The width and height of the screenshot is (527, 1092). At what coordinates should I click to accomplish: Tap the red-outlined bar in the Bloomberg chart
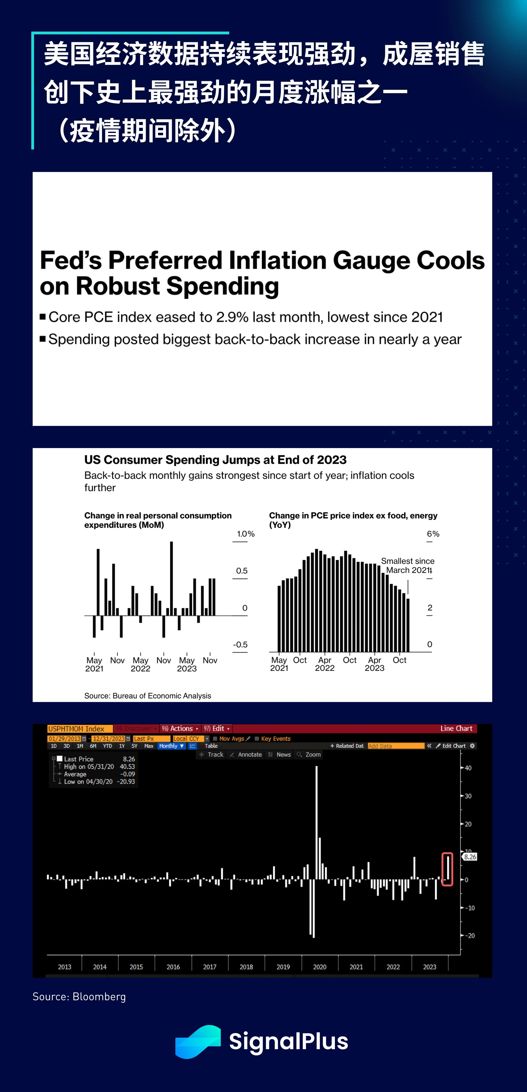447,869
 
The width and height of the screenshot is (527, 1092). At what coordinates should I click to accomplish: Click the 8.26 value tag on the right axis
470,857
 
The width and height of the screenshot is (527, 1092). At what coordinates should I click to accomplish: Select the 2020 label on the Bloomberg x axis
319,967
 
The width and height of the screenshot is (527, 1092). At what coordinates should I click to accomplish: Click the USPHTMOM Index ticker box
80,729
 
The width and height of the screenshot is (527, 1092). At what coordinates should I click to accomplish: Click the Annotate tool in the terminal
250,755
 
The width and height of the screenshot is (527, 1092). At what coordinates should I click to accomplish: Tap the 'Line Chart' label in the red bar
456,728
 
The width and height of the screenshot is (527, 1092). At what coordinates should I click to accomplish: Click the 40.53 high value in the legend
127,766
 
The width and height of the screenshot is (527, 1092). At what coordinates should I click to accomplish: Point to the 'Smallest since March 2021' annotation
408,565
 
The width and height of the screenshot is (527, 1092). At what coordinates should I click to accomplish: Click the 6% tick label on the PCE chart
433,534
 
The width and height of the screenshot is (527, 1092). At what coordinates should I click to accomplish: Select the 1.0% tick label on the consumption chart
246,534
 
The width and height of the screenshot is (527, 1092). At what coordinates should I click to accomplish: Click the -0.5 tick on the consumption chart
240,644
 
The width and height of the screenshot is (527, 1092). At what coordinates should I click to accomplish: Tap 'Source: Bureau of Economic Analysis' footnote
147,696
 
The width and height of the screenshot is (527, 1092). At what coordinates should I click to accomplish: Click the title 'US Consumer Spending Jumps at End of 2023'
215,460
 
